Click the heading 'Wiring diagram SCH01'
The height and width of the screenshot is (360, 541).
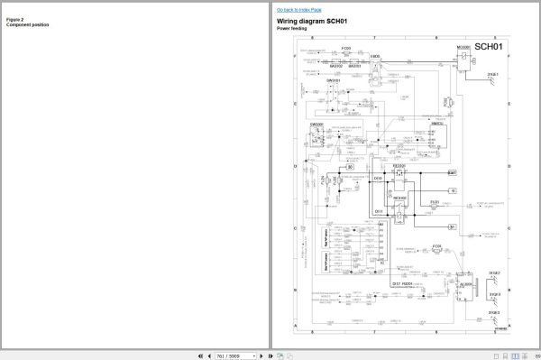(x=312, y=21)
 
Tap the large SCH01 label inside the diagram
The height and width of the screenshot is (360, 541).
(x=492, y=46)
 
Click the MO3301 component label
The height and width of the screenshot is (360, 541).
(x=464, y=46)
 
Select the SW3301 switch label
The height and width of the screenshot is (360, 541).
(x=316, y=125)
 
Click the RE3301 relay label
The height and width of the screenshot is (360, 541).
(x=399, y=167)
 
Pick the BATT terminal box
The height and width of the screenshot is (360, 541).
(x=452, y=171)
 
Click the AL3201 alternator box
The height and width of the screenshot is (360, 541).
(x=465, y=285)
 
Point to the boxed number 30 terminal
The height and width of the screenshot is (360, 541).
(x=352, y=169)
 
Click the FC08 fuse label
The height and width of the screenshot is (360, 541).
(x=436, y=245)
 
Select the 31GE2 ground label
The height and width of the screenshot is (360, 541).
(x=492, y=272)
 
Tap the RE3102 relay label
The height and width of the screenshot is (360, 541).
(x=399, y=197)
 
